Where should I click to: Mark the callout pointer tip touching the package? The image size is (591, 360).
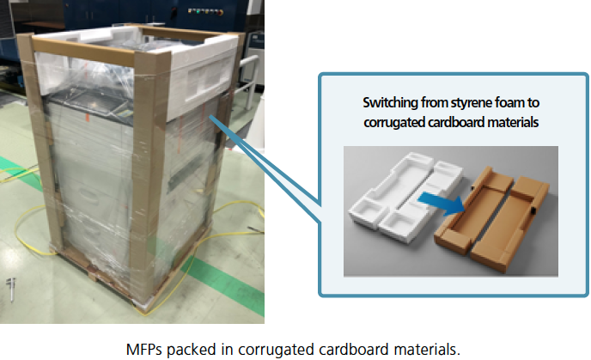click(208, 118)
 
